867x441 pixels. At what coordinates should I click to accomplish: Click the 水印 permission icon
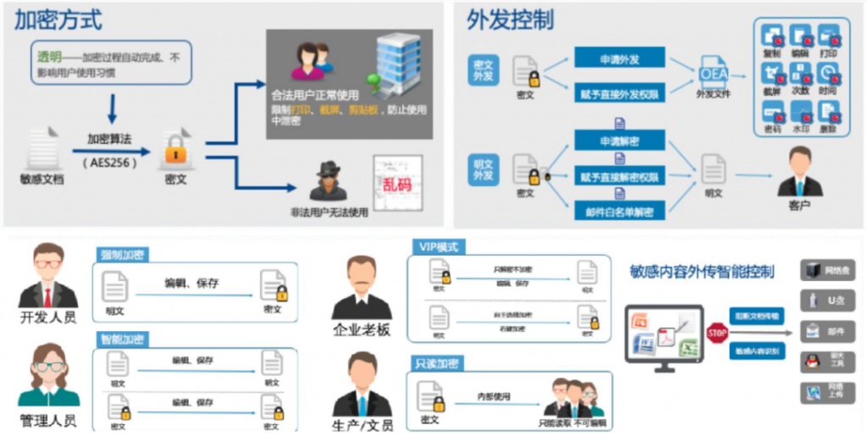point(801,115)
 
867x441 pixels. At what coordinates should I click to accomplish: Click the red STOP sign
point(717,331)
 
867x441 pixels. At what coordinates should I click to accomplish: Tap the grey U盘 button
point(825,300)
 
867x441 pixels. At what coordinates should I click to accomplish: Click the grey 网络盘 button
point(825,270)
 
